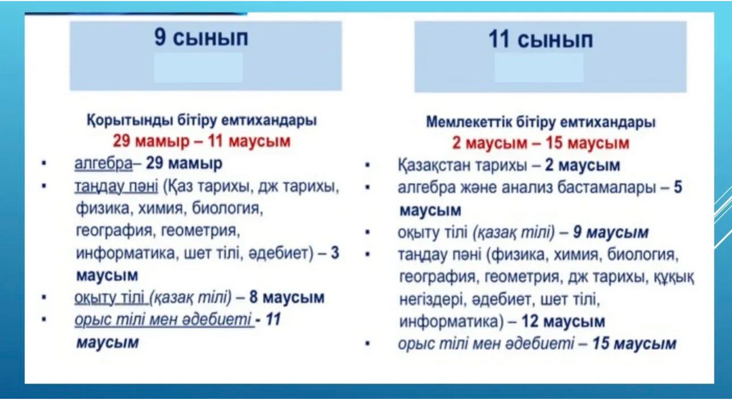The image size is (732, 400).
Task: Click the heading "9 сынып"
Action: (201, 37)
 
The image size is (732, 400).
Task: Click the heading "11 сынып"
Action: (541, 40)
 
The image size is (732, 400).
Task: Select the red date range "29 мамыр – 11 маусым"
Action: (201, 141)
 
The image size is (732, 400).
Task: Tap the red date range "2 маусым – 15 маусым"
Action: (541, 143)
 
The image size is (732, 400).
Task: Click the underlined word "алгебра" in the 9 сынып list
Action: (104, 163)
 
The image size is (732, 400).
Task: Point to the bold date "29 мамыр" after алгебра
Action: (184, 163)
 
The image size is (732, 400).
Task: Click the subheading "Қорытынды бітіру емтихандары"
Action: (201, 120)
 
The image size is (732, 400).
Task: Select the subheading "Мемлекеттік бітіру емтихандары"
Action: (541, 122)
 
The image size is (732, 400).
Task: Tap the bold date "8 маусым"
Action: (287, 297)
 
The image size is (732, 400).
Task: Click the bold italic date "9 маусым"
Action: (611, 232)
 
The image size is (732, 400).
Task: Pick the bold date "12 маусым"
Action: (563, 321)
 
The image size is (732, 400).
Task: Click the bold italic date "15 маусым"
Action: (634, 344)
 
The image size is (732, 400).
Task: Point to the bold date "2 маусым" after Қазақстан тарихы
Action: (582, 165)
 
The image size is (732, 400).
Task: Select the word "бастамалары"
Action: (606, 188)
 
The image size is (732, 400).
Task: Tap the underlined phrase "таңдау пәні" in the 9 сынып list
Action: (116, 186)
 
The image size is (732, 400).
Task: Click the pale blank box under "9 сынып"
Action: (199, 68)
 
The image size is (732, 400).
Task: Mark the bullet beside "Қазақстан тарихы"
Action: (367, 165)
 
